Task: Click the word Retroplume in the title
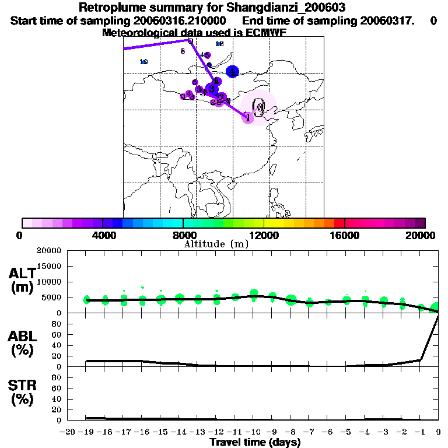tap(109, 8)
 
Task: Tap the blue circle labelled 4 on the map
tap(233, 71)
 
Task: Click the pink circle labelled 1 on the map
tap(248, 117)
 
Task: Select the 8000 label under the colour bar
tap(183, 235)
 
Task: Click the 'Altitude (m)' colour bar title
tap(216, 244)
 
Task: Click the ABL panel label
tap(23, 343)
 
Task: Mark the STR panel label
tap(23, 393)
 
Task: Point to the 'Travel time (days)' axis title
tap(254, 442)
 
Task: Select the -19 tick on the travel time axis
tap(86, 432)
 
